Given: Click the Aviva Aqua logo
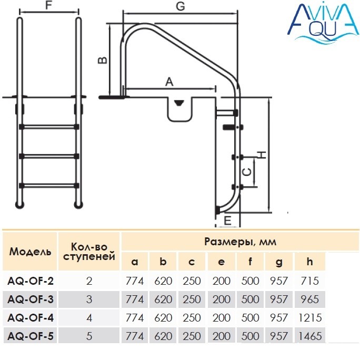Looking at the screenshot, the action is [323, 23].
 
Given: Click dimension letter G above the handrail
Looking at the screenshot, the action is [180, 6].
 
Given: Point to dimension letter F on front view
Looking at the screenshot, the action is [48, 5].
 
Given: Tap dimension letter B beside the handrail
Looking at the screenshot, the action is [103, 60].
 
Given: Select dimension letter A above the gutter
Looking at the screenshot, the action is [169, 82].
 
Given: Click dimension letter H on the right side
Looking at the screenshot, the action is [262, 155].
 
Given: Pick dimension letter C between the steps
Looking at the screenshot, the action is [247, 172].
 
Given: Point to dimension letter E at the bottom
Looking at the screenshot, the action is [227, 221].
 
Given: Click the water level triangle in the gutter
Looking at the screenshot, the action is [179, 103].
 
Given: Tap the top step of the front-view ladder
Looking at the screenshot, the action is [49, 127].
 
